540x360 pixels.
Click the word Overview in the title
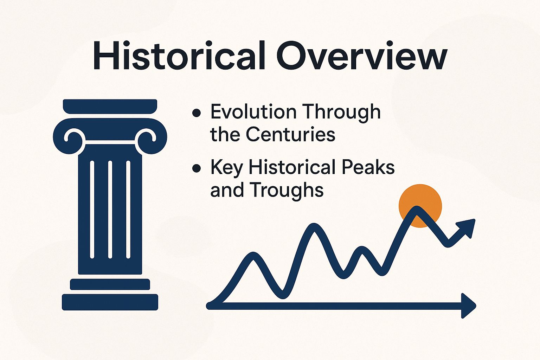click(x=362, y=55)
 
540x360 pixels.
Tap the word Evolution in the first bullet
click(x=253, y=112)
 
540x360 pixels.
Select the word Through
click(x=341, y=113)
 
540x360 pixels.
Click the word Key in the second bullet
click(x=227, y=168)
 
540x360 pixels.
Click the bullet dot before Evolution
click(x=197, y=113)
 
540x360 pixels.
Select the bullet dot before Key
click(x=197, y=168)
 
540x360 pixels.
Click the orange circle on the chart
click(x=420, y=206)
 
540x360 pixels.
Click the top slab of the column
click(x=110, y=106)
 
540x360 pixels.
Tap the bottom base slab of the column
click(x=110, y=302)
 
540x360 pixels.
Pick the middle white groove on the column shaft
click(x=110, y=210)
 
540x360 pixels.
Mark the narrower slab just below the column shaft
click(x=110, y=284)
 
